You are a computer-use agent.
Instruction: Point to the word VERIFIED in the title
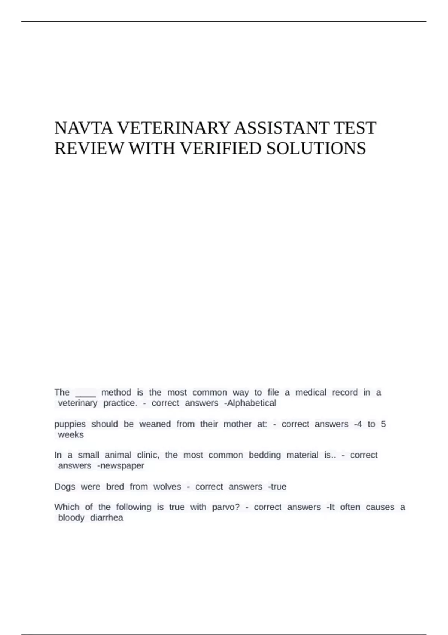[221, 149]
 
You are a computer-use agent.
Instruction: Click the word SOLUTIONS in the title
[316, 149]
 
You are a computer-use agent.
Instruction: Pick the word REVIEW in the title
[89, 149]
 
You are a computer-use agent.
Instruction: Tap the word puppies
[70, 425]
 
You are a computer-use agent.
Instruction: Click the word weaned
[155, 424]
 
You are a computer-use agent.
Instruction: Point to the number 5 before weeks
[383, 424]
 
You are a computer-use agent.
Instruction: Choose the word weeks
[71, 435]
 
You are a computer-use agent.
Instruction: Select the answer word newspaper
[122, 466]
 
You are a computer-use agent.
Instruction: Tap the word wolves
[167, 487]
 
